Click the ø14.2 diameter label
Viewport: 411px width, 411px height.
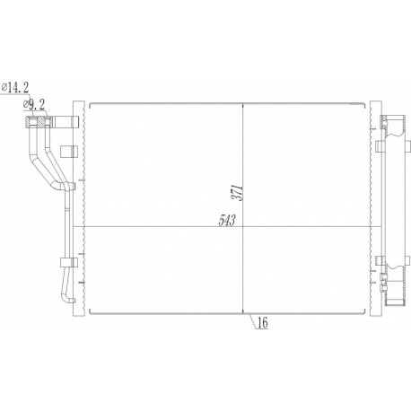click(x=17, y=86)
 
